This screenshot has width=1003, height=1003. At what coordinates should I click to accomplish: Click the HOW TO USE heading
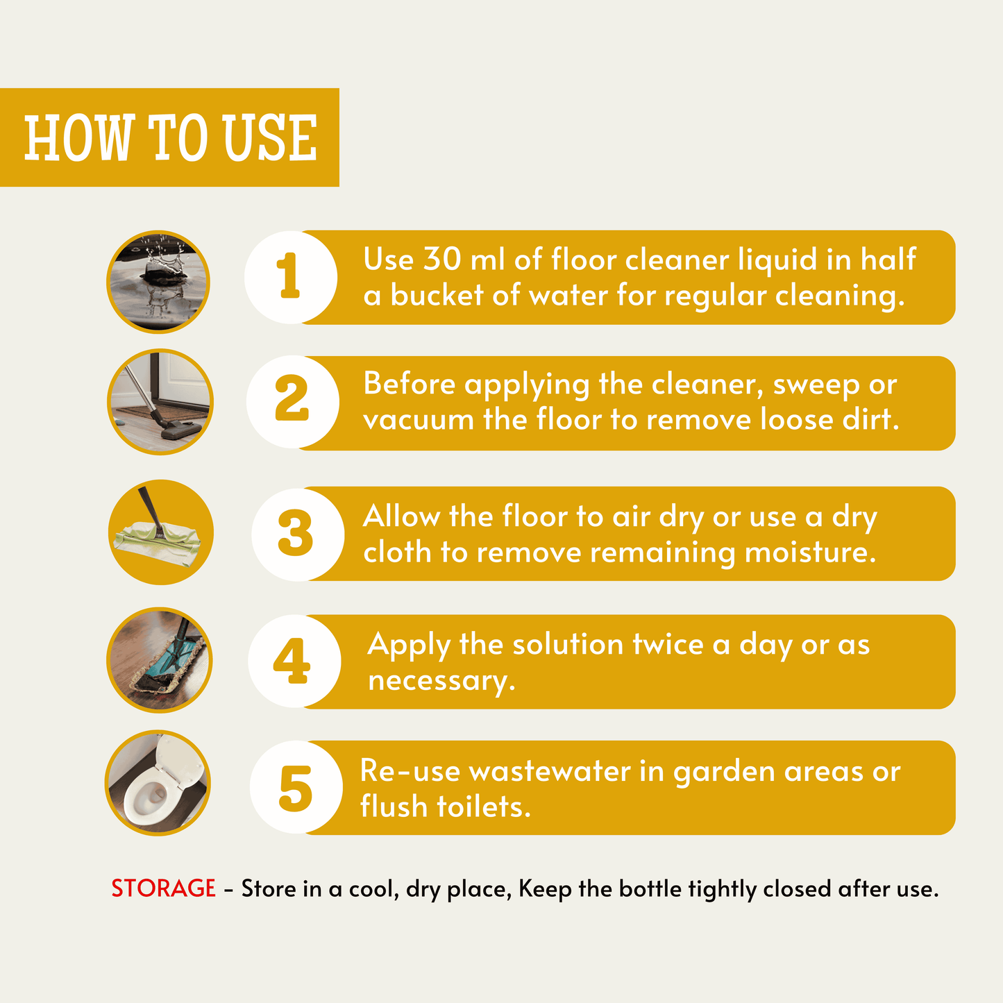pos(171,137)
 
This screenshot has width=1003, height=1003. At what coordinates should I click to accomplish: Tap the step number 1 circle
pos(291,278)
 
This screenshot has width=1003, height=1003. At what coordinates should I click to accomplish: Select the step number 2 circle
pos(293,402)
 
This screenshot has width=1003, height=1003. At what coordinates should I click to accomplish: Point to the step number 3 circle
pos(298,534)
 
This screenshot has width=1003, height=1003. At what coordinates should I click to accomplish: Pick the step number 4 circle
pos(294,661)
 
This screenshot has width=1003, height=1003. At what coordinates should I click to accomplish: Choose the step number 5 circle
pos(296,787)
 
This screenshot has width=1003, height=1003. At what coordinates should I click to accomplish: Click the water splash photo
pos(158,282)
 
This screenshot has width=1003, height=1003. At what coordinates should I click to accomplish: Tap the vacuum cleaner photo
pos(160,402)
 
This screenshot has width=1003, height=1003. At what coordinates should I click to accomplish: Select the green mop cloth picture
pos(161,532)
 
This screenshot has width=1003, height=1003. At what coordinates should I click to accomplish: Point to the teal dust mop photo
pos(160,660)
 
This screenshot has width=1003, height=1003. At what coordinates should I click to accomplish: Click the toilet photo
pos(158,783)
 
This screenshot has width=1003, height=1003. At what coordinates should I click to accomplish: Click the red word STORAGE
pos(163,888)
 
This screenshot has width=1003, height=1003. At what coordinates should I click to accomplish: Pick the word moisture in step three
pos(811,552)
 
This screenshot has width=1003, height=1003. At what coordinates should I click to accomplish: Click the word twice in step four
pos(668,644)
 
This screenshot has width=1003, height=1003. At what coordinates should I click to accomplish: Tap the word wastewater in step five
pos(550,771)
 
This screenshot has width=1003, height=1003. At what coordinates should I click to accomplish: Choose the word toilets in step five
pos(484,807)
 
